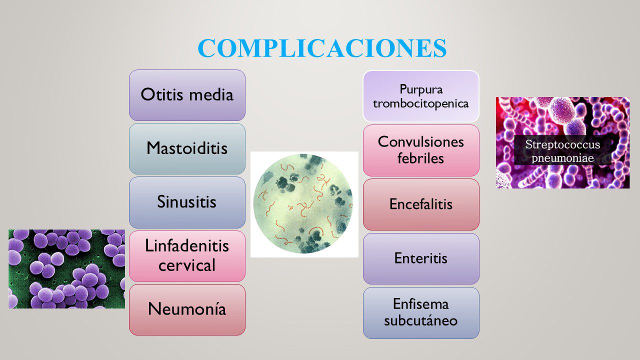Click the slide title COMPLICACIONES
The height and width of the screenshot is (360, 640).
click(322, 48)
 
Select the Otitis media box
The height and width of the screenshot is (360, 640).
click(187, 95)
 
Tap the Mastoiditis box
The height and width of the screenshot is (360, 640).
click(187, 149)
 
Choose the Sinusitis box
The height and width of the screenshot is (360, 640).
click(187, 202)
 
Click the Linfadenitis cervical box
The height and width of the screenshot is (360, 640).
click(187, 256)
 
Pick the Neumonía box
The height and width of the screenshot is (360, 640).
click(187, 309)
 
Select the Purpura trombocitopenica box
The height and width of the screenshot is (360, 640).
click(421, 96)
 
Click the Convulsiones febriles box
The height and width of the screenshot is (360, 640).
click(421, 150)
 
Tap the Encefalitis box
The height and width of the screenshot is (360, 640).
click(421, 204)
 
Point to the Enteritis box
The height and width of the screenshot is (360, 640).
click(421, 258)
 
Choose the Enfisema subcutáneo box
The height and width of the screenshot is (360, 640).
click(421, 313)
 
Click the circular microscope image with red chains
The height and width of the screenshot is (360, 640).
click(303, 204)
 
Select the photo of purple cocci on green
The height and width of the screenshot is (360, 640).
click(67, 269)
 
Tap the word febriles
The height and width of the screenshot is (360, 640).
click(420, 158)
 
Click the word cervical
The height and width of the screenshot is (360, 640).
click(187, 265)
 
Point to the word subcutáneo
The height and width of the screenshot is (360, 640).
click(420, 320)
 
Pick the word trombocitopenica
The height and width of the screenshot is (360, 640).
click(420, 103)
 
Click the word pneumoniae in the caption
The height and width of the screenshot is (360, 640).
click(562, 158)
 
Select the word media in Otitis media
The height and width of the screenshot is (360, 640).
click(211, 94)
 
